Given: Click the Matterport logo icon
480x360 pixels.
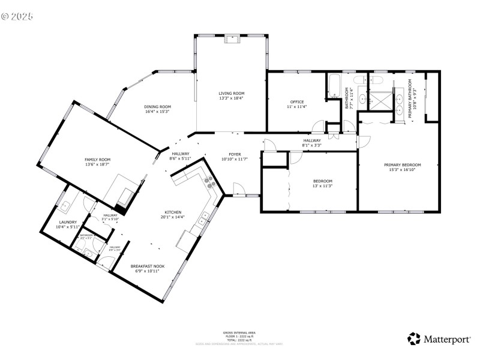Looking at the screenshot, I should tap(414, 339).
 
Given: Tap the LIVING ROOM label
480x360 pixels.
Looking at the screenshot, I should tap(231, 93).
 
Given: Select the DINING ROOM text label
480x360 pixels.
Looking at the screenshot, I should tap(157, 107).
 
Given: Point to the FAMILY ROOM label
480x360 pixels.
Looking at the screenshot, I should tap(97, 160).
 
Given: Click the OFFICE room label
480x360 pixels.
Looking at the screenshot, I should tap(296, 102).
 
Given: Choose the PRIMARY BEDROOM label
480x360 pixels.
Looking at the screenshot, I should tap(403, 165).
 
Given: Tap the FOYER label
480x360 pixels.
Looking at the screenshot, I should tap(235, 154).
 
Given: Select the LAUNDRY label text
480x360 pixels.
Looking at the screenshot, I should tap(67, 222).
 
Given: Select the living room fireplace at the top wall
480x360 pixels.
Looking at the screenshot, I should tap(231, 40).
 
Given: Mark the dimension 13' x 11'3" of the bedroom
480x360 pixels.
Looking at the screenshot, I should tap(322, 186).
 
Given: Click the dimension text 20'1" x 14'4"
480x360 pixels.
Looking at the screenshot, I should tap(173, 218).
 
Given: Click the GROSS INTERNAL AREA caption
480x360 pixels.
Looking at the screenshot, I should tap(239, 332).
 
